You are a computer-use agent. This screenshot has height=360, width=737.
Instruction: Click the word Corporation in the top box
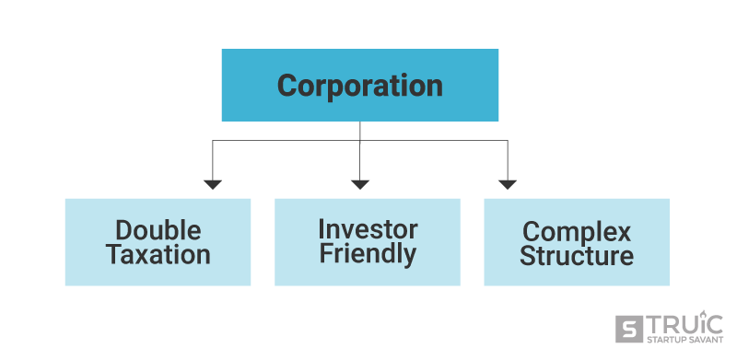359,86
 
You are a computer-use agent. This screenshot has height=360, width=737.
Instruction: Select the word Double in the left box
158,230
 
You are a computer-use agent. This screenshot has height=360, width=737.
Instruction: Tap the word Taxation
158,255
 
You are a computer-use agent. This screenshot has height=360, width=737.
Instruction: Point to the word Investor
368,228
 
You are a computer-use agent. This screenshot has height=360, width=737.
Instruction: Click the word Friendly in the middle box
368,253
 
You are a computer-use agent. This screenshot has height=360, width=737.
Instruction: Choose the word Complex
577,231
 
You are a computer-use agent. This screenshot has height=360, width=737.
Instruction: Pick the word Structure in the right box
577,256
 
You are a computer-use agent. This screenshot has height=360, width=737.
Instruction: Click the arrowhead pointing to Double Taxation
213,184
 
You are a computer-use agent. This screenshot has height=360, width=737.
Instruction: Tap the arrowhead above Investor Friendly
360,184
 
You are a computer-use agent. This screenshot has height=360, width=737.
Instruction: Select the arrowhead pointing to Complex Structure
507,184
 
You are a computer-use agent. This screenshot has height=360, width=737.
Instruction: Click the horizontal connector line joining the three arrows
286,141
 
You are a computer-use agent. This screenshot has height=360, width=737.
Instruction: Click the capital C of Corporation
288,86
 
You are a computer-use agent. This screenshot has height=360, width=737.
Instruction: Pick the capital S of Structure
529,256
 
